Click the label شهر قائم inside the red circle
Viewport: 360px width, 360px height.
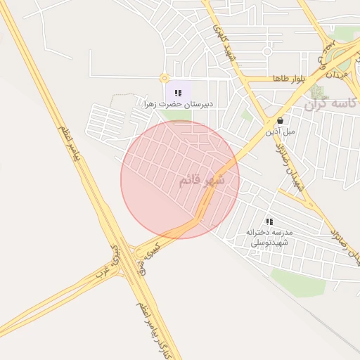click(x=202, y=180)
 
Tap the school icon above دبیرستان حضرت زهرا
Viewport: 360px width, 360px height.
click(x=178, y=92)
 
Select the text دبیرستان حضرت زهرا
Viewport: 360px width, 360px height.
click(x=179, y=104)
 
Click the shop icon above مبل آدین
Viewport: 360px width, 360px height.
click(x=281, y=120)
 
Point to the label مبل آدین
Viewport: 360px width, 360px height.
click(x=281, y=131)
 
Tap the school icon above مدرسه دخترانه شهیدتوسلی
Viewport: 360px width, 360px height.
click(x=269, y=221)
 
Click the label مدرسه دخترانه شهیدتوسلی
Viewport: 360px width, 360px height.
click(x=269, y=236)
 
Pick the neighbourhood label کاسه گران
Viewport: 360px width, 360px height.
click(x=330, y=104)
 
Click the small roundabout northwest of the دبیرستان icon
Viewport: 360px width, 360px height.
click(x=165, y=78)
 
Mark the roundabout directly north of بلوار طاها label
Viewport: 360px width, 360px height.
click(x=267, y=51)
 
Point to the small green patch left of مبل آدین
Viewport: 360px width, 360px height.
click(x=247, y=115)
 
